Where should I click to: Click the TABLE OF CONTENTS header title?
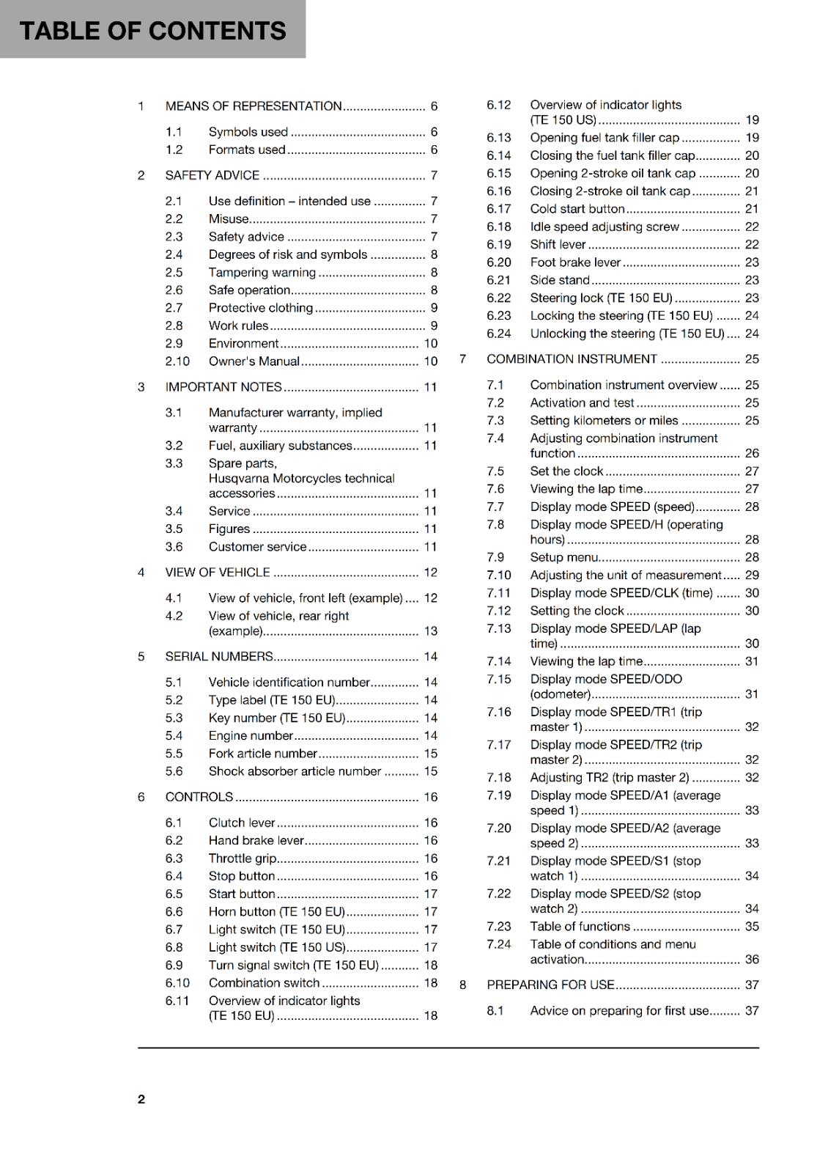point(152,31)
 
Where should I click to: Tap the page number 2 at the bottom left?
point(141,1099)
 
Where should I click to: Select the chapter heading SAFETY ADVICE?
point(212,175)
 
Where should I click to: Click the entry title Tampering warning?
point(262,273)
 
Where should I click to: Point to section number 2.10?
point(177,361)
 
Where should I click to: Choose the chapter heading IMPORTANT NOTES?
point(223,387)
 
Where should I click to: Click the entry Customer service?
point(257,547)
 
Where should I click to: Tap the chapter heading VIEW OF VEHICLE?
point(218,573)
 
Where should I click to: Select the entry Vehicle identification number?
point(289,683)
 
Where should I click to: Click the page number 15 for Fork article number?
point(431,754)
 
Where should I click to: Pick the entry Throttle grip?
point(242,858)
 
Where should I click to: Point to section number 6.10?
point(177,983)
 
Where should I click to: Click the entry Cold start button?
point(577,209)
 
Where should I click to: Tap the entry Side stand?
point(560,280)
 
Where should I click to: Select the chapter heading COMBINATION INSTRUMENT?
point(572,359)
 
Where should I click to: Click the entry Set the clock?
point(566,471)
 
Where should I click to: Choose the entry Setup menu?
point(564,557)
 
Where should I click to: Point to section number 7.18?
point(499,778)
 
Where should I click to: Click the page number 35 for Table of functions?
point(752,927)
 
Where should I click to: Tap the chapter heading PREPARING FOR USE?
point(550,985)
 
